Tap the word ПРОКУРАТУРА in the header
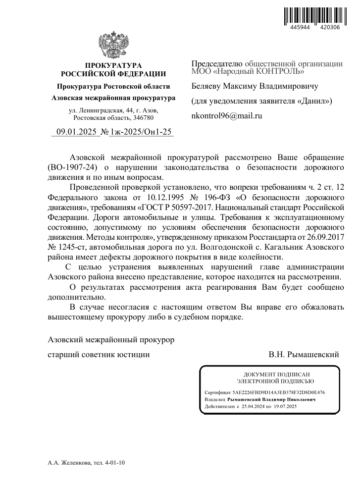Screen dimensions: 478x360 (x=113, y=65)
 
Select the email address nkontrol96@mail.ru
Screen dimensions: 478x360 (x=226, y=115)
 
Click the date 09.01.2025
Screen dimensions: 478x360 (x=75, y=132)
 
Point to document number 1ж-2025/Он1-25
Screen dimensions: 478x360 (x=141, y=132)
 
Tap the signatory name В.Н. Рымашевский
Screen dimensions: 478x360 (x=304, y=355)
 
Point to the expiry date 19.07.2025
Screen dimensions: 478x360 (x=283, y=406)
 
